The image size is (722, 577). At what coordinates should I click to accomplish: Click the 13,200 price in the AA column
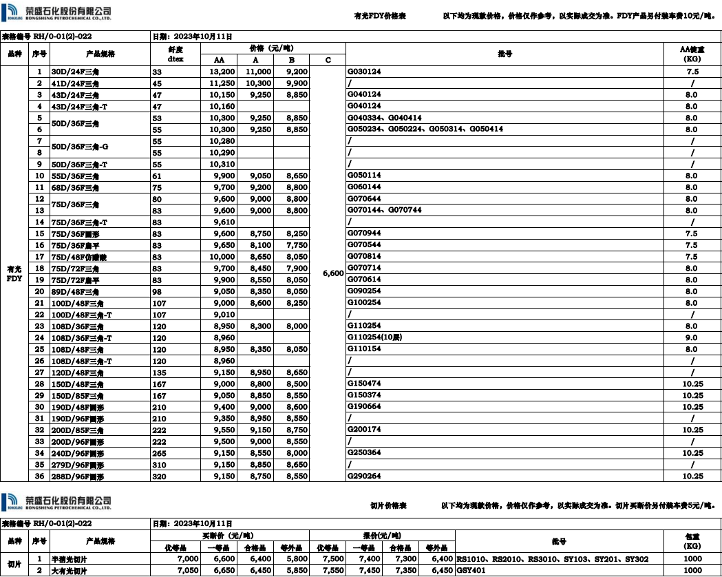[223, 72]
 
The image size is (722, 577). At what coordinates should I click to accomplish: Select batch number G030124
[364, 72]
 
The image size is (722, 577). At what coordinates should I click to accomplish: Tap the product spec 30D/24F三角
[76, 72]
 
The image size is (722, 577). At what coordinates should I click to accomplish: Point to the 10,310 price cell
[223, 164]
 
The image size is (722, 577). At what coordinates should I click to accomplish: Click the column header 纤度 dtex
[176, 54]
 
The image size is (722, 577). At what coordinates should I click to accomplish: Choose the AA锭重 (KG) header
[692, 54]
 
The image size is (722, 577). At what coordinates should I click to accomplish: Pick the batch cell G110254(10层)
[375, 337]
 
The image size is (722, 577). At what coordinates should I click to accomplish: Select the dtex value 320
[159, 476]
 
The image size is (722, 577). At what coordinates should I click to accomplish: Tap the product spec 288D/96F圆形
[78, 476]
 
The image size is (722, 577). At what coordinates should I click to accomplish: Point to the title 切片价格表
[388, 505]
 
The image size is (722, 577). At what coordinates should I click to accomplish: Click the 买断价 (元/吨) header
[229, 535]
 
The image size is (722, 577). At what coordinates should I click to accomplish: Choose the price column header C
[328, 60]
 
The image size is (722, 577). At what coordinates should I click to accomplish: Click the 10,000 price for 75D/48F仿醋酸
[223, 256]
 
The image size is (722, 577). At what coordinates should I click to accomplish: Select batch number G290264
[364, 476]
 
